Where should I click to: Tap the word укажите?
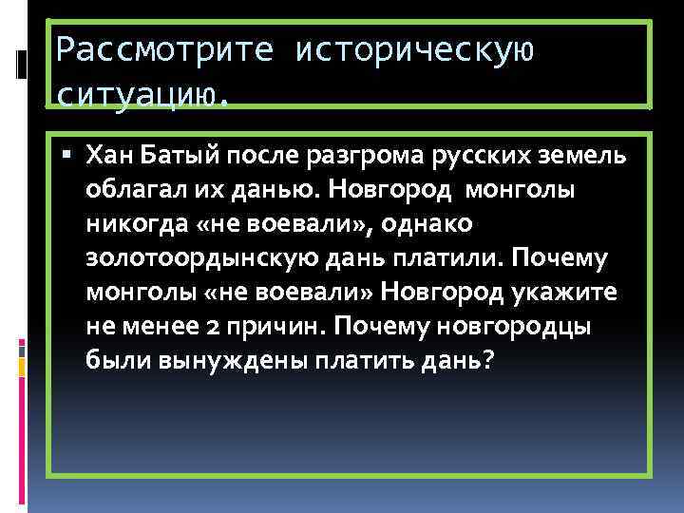570,290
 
